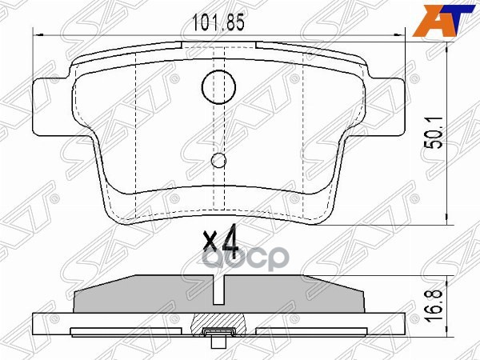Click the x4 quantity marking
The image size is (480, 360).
point(221,240)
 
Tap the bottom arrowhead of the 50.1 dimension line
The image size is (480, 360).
point(444,218)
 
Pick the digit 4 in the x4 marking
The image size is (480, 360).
point(230,240)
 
